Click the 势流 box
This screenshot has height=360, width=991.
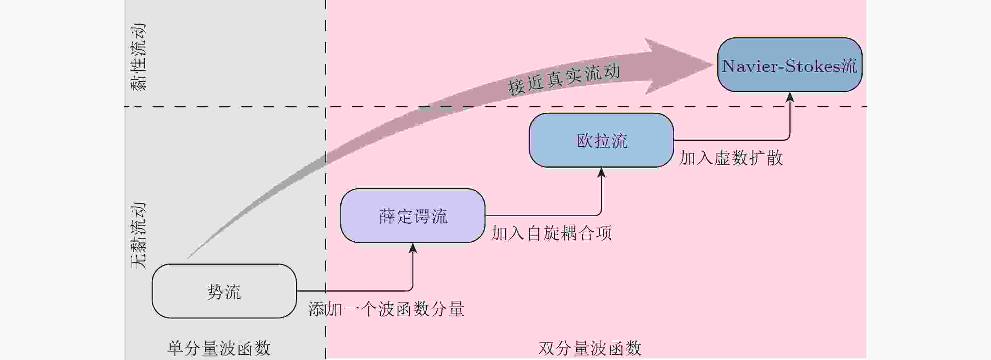(224, 291)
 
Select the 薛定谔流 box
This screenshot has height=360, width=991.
(412, 216)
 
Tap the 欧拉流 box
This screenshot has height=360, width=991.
(601, 140)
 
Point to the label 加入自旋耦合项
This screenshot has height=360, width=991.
(551, 233)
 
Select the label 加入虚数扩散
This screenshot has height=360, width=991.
(731, 158)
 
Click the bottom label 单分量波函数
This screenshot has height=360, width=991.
(219, 348)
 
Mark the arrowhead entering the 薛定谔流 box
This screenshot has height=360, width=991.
(413, 248)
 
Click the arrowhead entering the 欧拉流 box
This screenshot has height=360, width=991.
(601, 172)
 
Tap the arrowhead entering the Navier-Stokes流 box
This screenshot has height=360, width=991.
(790, 97)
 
